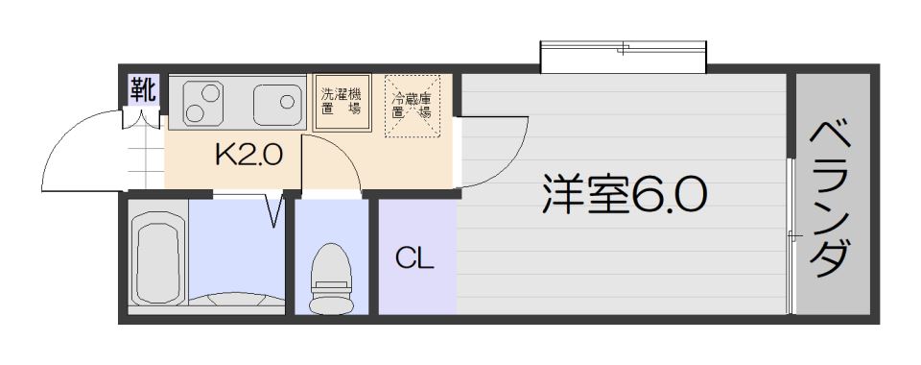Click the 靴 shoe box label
(x=144, y=90)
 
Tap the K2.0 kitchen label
(x=249, y=156)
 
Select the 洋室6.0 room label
(x=624, y=193)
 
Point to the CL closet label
(x=414, y=258)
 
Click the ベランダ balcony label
(x=831, y=199)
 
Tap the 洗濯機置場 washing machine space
(x=342, y=102)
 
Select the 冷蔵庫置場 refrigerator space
(x=412, y=106)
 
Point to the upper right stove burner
(x=211, y=93)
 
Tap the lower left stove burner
(x=195, y=112)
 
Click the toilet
(x=331, y=278)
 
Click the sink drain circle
(x=287, y=101)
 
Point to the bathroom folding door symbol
(x=273, y=209)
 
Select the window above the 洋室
(x=623, y=57)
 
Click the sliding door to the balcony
(x=791, y=236)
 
